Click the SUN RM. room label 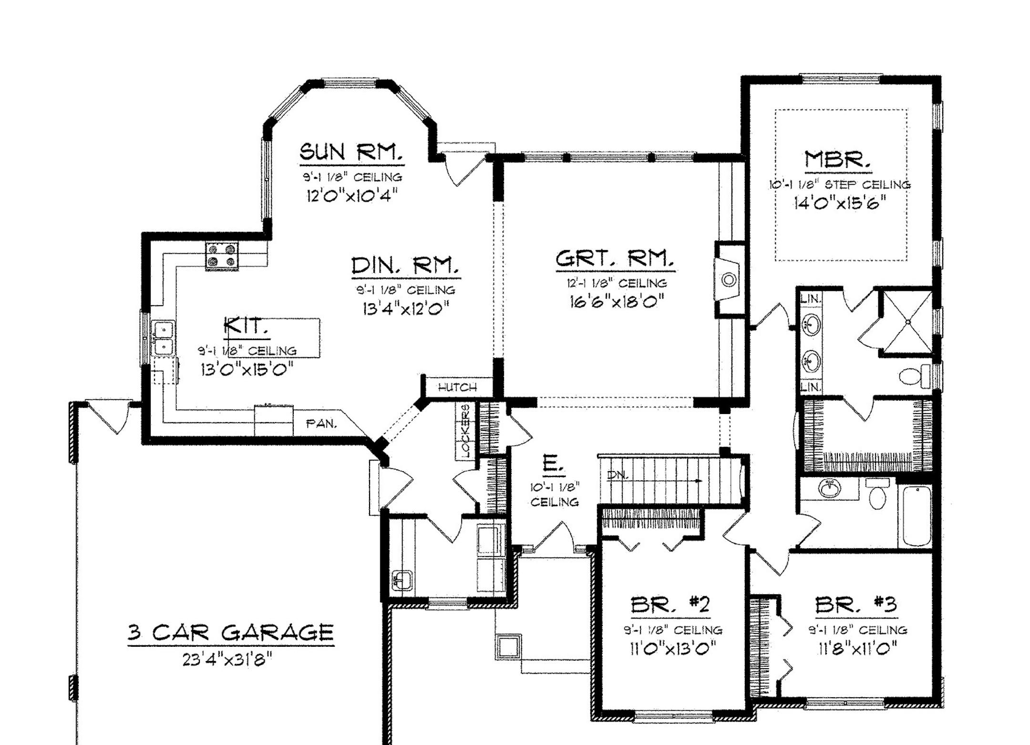point(351,152)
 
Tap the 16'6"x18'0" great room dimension point(617,301)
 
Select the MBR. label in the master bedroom point(837,160)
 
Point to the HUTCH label point(457,387)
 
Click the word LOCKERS point(465,431)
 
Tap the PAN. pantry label point(321,423)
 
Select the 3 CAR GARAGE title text point(231,633)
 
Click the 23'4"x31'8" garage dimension point(227,660)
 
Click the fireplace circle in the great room point(729,280)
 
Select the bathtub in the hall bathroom point(915,516)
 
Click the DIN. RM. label point(406,265)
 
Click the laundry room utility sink point(402,580)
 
